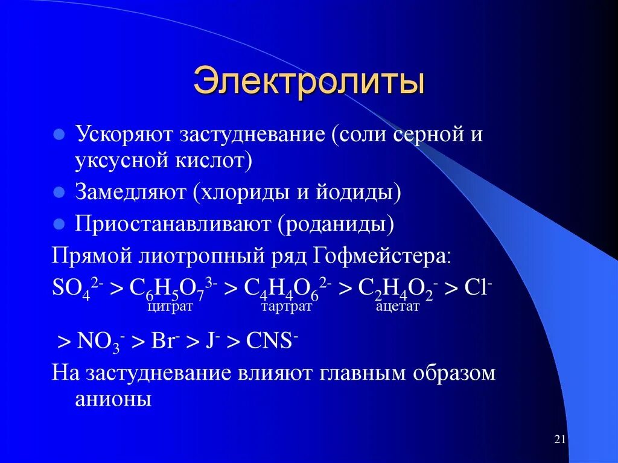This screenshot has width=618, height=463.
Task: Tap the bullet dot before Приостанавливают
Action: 59,224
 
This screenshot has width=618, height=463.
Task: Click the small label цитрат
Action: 169,307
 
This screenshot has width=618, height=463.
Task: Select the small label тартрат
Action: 286,307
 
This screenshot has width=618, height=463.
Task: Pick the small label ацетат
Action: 397,307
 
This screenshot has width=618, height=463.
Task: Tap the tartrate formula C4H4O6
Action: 287,288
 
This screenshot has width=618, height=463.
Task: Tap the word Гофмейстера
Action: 381,255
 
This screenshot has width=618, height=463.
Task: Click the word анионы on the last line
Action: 112,399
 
